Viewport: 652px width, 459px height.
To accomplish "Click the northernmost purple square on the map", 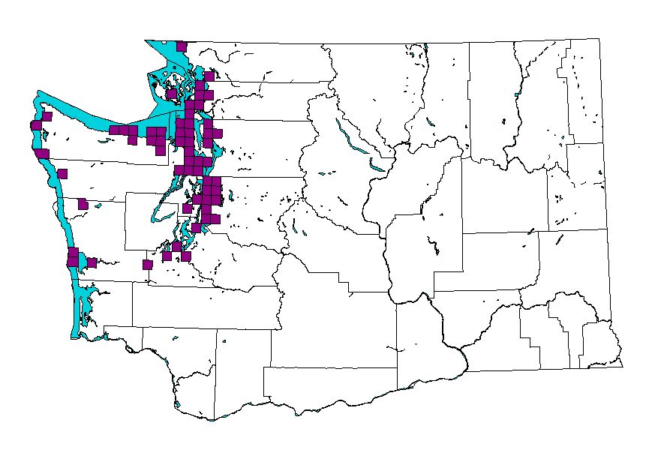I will point(181,46).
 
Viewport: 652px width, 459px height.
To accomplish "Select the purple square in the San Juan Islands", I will point(172,94).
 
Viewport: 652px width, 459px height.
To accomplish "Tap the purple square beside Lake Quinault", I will point(83,203).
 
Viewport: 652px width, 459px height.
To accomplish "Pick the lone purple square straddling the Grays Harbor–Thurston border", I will point(147,264).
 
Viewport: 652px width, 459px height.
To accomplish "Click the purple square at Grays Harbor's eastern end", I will point(92,262).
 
